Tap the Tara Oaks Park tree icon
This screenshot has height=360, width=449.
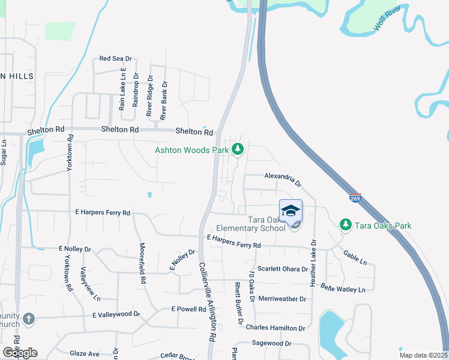345,225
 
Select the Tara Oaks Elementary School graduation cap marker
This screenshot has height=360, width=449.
291,211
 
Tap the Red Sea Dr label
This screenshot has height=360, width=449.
115,59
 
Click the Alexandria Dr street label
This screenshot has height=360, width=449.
282,178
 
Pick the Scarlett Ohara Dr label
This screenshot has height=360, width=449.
282,269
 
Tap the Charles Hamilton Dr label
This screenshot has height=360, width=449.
276,328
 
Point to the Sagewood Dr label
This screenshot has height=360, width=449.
271,344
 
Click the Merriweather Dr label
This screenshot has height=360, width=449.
282,298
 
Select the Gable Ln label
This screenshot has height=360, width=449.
355,258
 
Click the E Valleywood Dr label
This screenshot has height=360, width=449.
116,314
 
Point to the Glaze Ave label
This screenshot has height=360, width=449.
85,354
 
